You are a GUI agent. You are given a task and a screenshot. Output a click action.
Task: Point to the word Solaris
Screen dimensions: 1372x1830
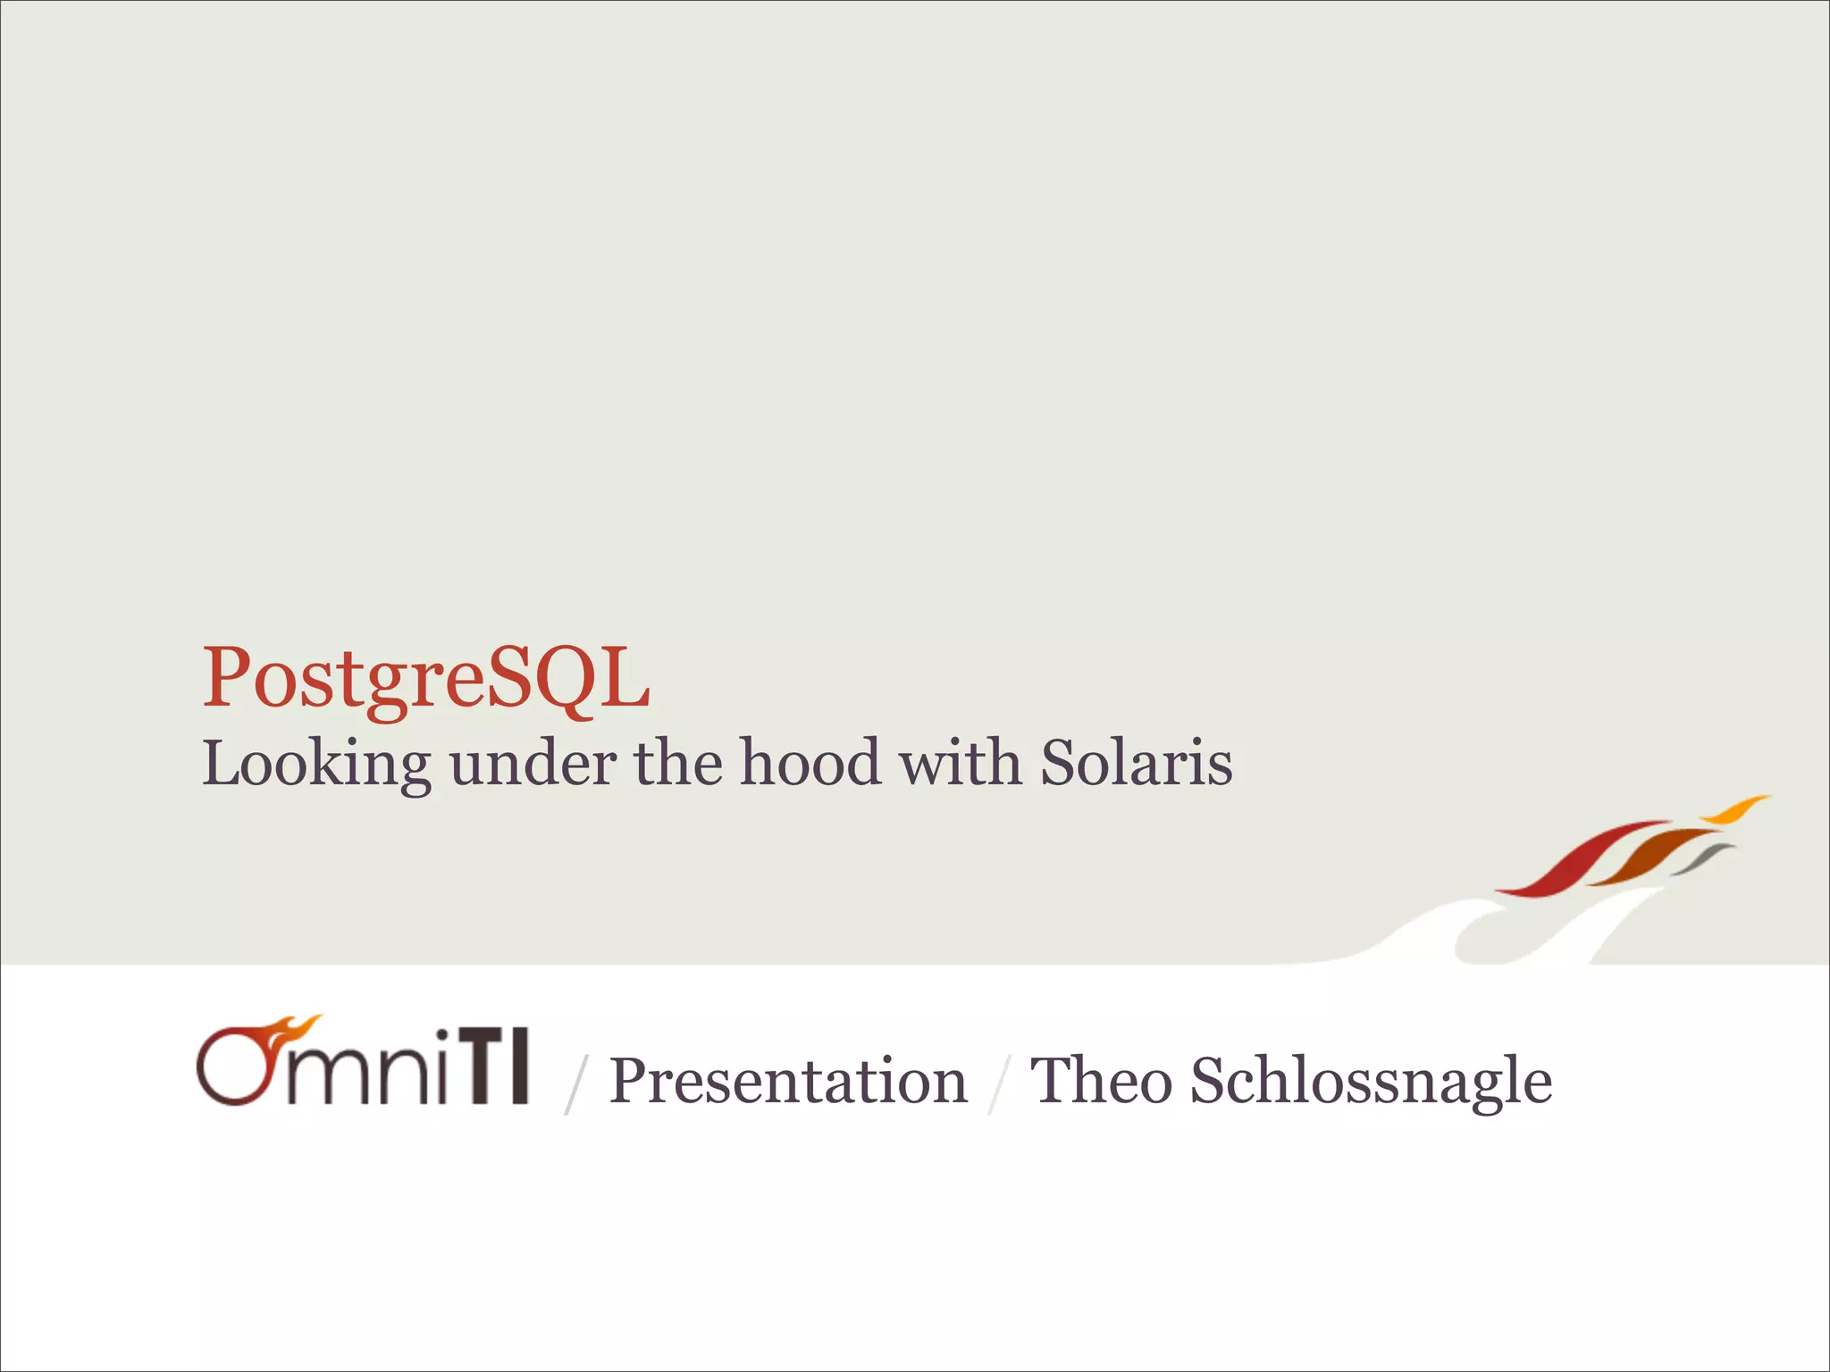click(1137, 765)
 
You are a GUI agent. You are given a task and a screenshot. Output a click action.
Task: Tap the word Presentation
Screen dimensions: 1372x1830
click(788, 1082)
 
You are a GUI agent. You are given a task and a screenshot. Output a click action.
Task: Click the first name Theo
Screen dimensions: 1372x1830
click(1100, 1082)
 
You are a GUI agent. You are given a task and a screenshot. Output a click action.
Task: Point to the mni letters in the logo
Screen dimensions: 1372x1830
click(375, 1076)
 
